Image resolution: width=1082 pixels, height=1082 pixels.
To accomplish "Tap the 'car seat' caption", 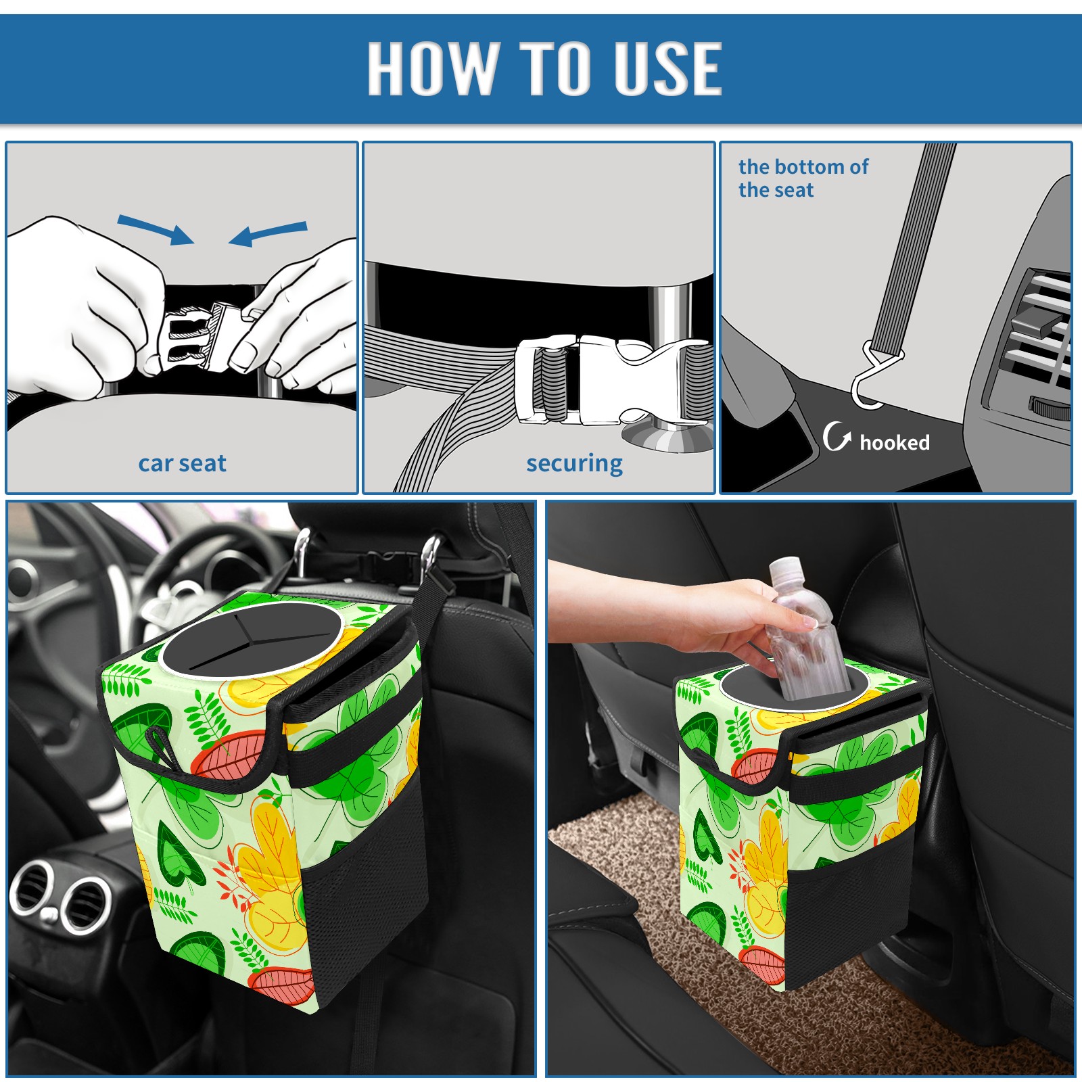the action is (x=182, y=463).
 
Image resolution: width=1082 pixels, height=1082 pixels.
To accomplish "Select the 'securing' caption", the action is (x=574, y=464).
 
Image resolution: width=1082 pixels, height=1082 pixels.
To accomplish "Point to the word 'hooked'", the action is (x=895, y=442).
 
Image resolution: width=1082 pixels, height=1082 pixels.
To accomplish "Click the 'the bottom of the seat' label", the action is (x=803, y=178).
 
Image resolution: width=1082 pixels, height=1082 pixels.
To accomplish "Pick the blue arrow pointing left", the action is (x=268, y=234).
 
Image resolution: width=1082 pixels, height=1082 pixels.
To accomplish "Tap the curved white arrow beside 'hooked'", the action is (x=837, y=436).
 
